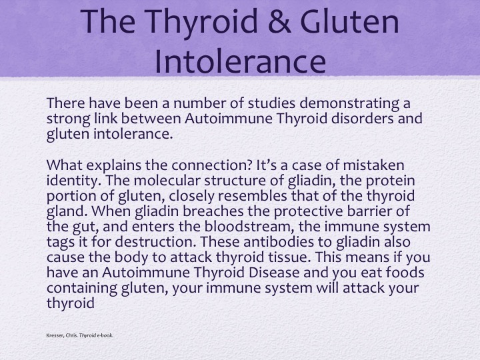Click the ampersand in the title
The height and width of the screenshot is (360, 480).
279,21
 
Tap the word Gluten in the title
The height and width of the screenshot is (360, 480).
350,21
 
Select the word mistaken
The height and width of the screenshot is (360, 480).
373,165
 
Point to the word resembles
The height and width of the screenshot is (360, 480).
252,195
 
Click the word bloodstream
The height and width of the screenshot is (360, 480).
247,227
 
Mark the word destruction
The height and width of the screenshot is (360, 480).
155,242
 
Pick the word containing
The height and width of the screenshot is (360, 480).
82,289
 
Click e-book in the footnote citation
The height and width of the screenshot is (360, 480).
105,335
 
